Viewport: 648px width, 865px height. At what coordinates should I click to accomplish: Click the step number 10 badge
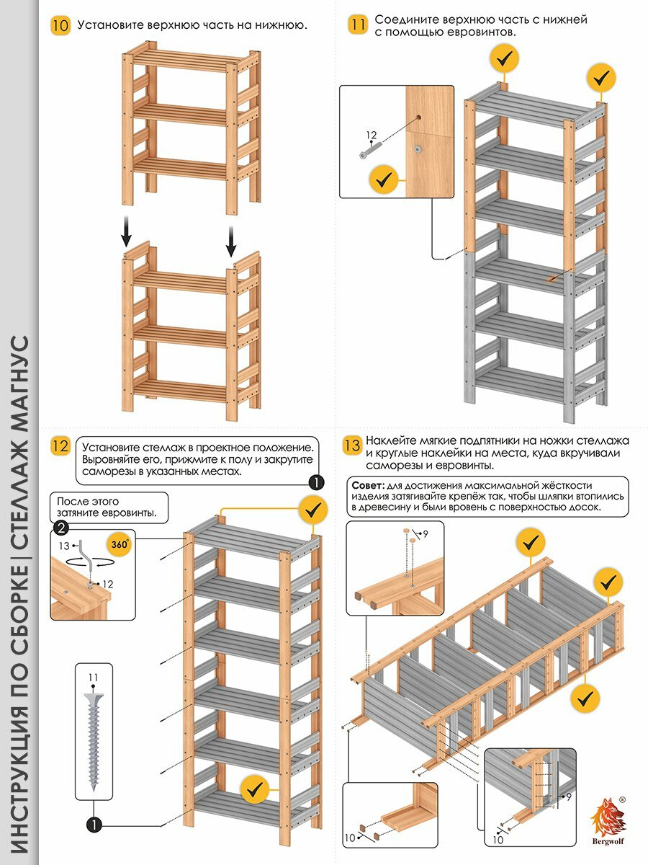coord(60,26)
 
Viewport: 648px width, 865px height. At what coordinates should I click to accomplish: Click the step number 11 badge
coord(358,25)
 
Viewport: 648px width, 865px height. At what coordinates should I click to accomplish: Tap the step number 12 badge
coord(60,446)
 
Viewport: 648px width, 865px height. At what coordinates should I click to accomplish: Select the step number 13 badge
coord(351,445)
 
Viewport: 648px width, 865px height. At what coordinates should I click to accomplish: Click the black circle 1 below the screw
coord(92,824)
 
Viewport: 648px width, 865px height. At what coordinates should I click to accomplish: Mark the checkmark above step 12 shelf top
coord(312,510)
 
